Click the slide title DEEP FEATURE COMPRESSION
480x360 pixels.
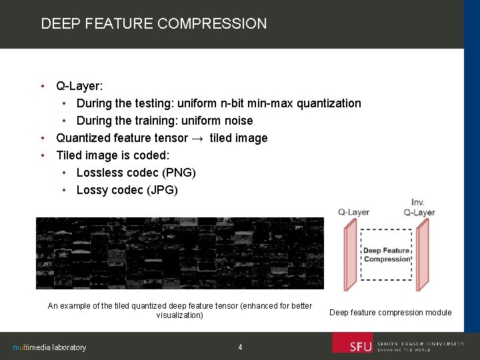pos(153,24)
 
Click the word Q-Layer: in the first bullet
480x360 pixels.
pos(79,86)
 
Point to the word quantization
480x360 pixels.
pos(329,103)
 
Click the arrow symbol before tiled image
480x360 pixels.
pos(198,138)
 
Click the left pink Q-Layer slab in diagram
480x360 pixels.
pos(351,256)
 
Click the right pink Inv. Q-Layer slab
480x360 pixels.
pos(422,256)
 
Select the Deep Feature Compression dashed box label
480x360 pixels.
pos(387,255)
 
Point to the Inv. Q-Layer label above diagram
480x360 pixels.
pos(419,207)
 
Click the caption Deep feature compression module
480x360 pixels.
pos(391,313)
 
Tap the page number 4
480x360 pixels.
pos(240,347)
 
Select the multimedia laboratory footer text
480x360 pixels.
pos(50,347)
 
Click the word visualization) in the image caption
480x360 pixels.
pos(179,315)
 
